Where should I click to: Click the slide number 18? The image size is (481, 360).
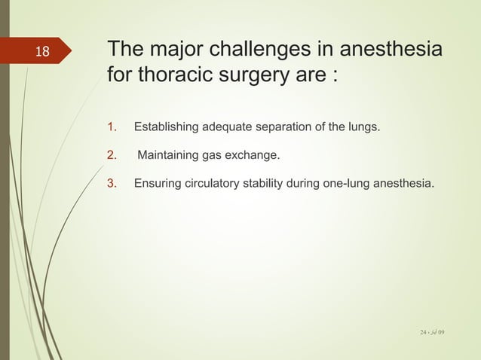[x=42, y=52]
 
